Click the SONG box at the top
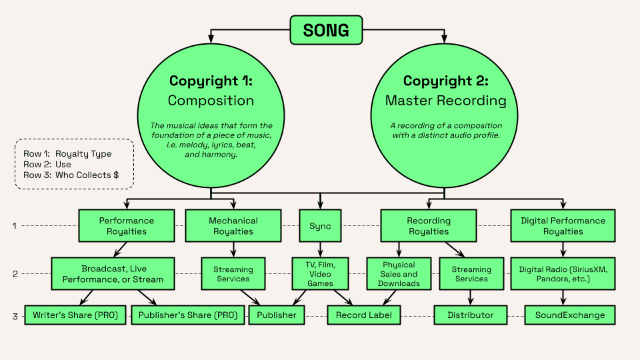(x=326, y=30)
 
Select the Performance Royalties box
(x=127, y=226)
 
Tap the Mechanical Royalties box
(x=233, y=226)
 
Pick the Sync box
(x=320, y=226)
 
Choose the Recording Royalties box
(x=429, y=226)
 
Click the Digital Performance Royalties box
(x=563, y=226)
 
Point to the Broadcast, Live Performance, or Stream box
(x=113, y=274)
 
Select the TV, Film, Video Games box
(x=320, y=274)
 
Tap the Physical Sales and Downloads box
(x=399, y=274)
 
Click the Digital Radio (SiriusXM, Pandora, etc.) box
(x=563, y=274)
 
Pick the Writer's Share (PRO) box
(x=75, y=315)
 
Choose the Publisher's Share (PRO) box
(x=188, y=315)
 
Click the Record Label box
(x=364, y=315)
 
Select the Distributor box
(x=471, y=315)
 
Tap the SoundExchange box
(x=570, y=315)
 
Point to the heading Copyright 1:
(x=211, y=81)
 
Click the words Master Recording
(x=446, y=101)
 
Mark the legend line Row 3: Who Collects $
(x=71, y=175)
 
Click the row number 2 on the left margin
(x=15, y=274)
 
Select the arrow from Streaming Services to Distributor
(x=471, y=297)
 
